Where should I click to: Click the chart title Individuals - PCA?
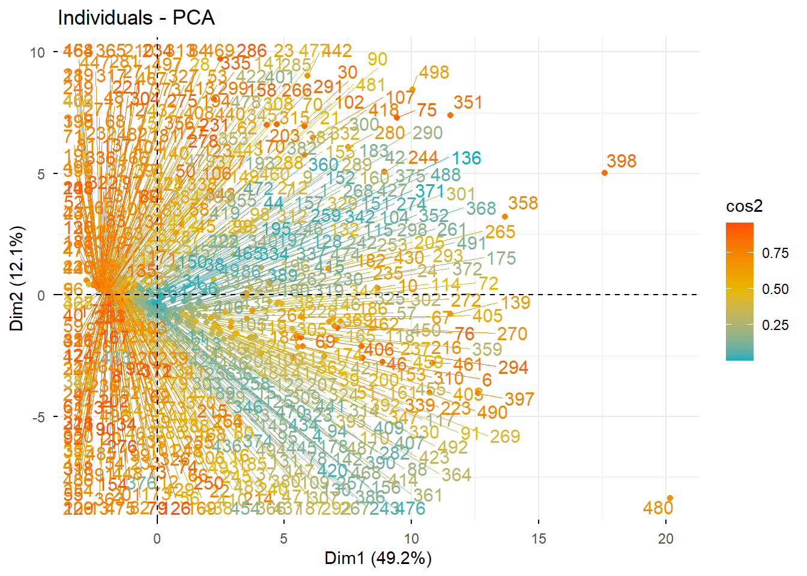[136, 18]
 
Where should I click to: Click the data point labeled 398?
[605, 173]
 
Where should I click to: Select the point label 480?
[657, 508]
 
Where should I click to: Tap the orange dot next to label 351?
[450, 115]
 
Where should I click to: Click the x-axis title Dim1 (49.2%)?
[378, 559]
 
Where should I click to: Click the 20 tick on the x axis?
[665, 539]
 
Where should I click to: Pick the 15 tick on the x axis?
[539, 539]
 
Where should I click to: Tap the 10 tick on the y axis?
[38, 53]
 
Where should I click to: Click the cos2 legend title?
[744, 206]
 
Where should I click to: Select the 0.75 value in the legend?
[775, 253]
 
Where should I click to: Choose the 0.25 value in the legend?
[775, 325]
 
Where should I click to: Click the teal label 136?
[467, 158]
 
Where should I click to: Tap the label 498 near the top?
[434, 73]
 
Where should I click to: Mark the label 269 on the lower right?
[504, 437]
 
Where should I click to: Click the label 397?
[519, 399]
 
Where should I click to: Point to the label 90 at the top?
[377, 59]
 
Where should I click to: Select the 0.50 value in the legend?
[775, 289]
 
